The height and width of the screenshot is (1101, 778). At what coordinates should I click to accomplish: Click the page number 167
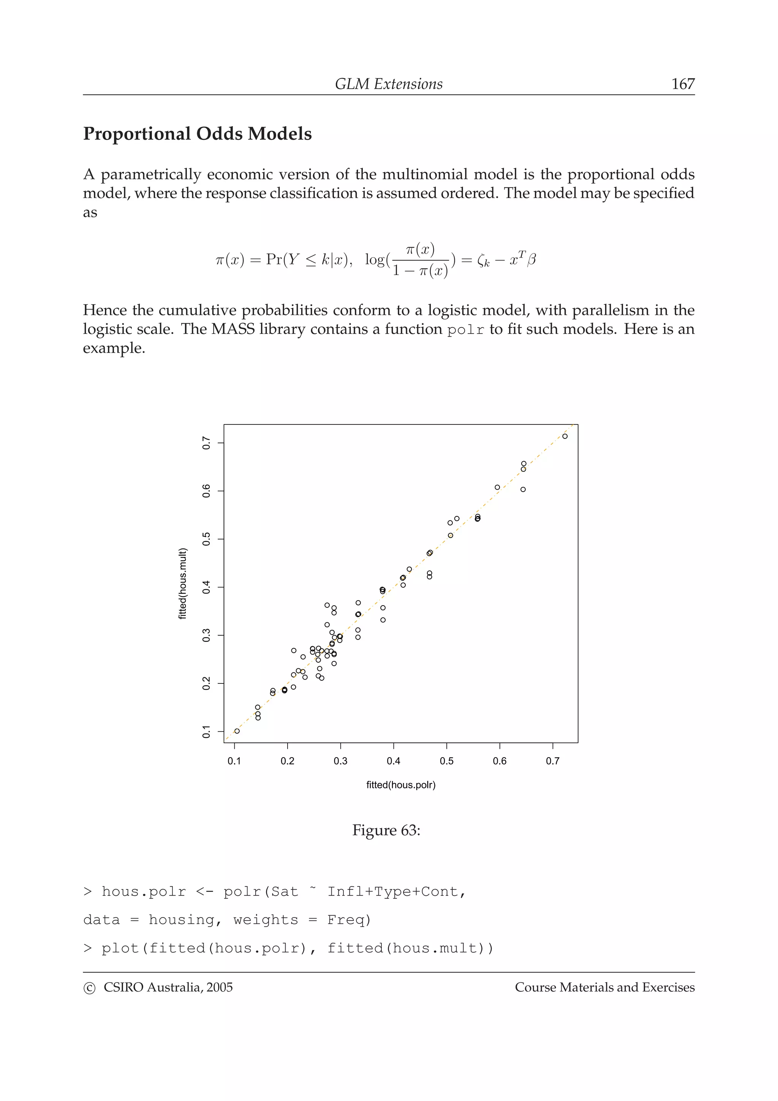pos(683,84)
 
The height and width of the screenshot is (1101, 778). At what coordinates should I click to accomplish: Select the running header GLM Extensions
pos(388,84)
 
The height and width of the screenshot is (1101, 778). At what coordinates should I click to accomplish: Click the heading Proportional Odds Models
pos(197,134)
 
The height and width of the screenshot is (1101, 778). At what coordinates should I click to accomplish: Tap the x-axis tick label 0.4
pos(393,761)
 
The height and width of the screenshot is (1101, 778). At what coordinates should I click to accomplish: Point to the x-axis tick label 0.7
pos(552,761)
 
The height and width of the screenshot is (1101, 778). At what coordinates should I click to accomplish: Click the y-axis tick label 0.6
pos(207,491)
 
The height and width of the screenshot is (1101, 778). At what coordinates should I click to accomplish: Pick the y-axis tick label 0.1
pos(207,732)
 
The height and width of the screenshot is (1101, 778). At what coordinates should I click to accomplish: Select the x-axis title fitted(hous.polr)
pos(401,785)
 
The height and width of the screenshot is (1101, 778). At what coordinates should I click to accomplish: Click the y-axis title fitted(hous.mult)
pos(183,584)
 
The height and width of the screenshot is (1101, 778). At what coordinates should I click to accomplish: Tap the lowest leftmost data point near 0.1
pos(237,731)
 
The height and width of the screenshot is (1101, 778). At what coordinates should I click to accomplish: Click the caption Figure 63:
pos(386,830)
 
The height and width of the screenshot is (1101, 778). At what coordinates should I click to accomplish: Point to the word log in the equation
pos(375,259)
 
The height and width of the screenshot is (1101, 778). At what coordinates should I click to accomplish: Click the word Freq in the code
pos(348,920)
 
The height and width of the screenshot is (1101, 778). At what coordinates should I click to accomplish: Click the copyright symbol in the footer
pos(89,988)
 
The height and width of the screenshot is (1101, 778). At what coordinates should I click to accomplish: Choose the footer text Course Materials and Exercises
pos(604,987)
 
